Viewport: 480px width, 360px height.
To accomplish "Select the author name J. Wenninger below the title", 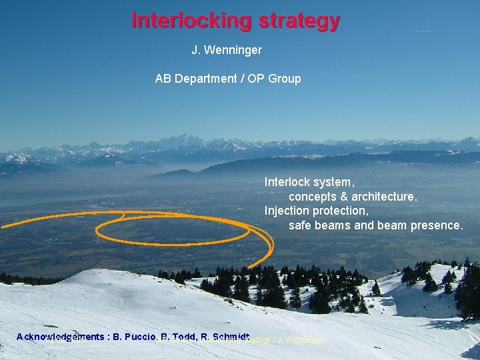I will tap(227, 50).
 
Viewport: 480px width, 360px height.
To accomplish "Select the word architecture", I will tap(383, 197).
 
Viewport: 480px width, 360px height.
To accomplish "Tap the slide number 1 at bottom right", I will tap(436, 340).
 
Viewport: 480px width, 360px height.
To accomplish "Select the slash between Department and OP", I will tap(242, 79).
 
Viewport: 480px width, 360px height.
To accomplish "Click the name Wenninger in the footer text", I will tap(301, 341).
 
